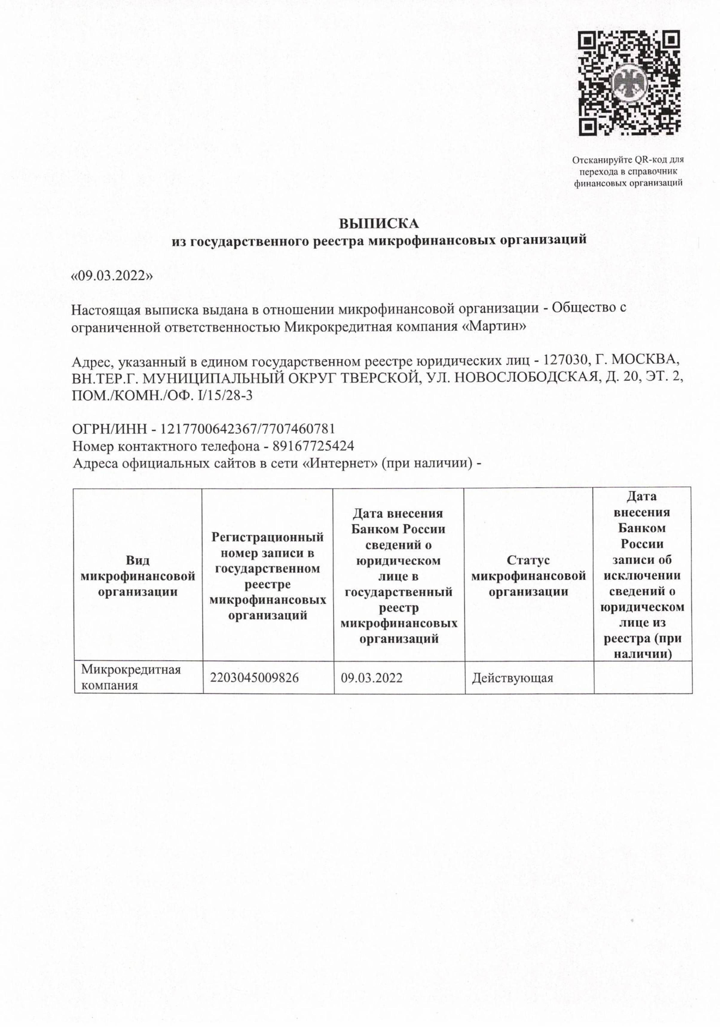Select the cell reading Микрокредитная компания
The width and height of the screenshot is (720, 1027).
coord(131,677)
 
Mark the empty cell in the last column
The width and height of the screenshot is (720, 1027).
coord(643,677)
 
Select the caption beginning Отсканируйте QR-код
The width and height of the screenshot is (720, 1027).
coord(628,171)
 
